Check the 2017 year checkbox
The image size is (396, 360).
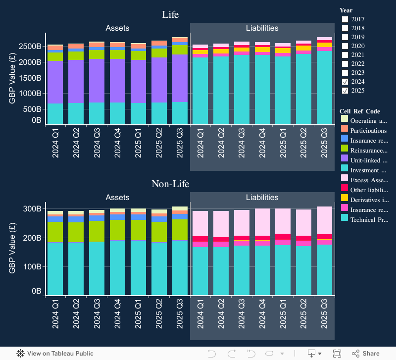345,19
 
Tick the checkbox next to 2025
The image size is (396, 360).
345,91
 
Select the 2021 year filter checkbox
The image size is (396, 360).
345,55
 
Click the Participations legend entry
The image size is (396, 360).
368,131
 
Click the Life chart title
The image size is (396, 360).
170,14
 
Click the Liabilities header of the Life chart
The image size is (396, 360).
262,28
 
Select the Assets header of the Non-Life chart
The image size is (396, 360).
117,198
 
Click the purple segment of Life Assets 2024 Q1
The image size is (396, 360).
55,82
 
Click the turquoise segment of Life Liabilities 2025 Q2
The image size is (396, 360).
304,89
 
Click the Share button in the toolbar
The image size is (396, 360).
366,354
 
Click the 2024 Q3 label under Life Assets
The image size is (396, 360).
97,143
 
